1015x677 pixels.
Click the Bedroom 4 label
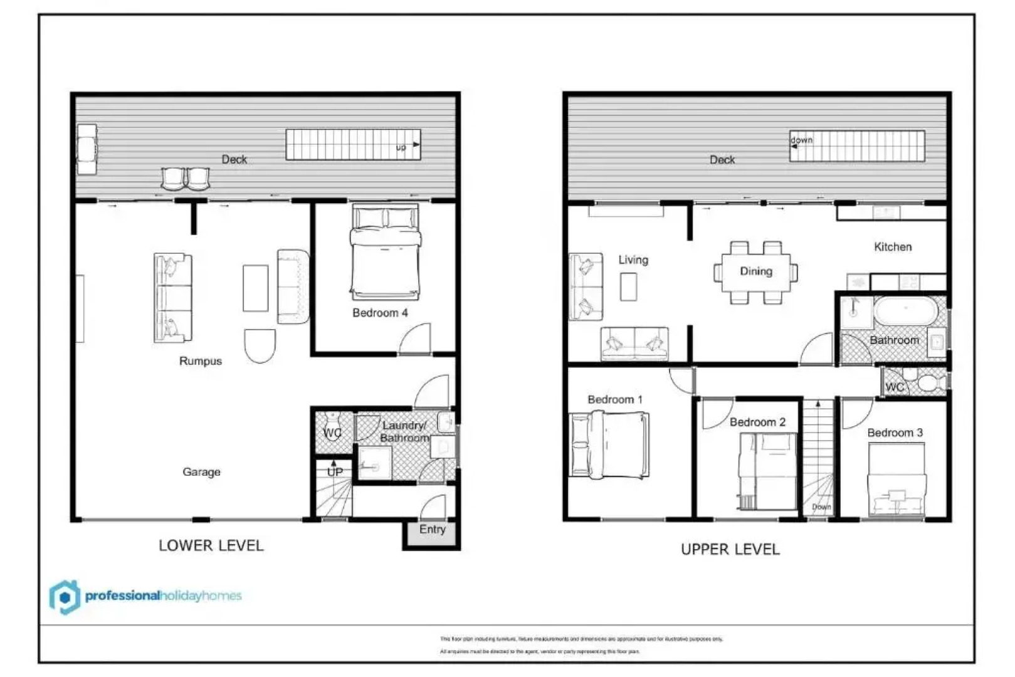(x=380, y=313)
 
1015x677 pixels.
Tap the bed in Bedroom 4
(x=385, y=254)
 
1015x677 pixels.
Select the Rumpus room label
(x=201, y=361)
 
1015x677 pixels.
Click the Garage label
(x=201, y=472)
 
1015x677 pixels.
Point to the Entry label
(x=433, y=530)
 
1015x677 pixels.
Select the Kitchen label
(x=893, y=247)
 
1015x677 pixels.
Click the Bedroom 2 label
(x=757, y=422)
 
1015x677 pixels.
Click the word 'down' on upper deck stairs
(x=801, y=140)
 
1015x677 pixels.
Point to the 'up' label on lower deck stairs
(x=401, y=147)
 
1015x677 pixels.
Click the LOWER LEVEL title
(x=211, y=546)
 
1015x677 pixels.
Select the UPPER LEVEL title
(x=730, y=550)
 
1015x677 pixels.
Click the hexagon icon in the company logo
(x=65, y=597)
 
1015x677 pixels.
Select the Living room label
(x=633, y=260)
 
